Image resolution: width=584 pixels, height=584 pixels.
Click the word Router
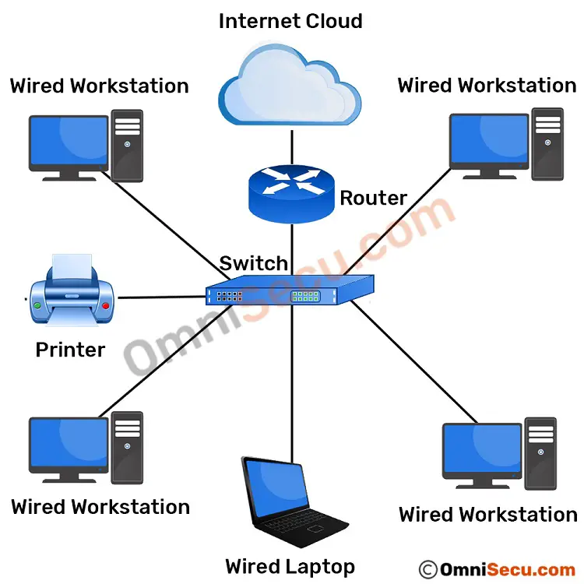[x=374, y=199]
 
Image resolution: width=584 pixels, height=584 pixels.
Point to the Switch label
[x=254, y=263]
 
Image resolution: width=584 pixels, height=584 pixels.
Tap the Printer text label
[x=70, y=350]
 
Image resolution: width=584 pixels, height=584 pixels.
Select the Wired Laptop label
[x=290, y=566]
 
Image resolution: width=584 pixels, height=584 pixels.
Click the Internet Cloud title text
[x=290, y=21]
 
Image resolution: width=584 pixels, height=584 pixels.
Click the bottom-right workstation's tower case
[x=540, y=452]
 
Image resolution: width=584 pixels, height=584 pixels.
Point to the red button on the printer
[x=106, y=305]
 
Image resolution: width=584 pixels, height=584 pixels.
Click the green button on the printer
[x=37, y=305]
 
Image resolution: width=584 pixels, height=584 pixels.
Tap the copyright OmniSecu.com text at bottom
[x=498, y=568]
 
